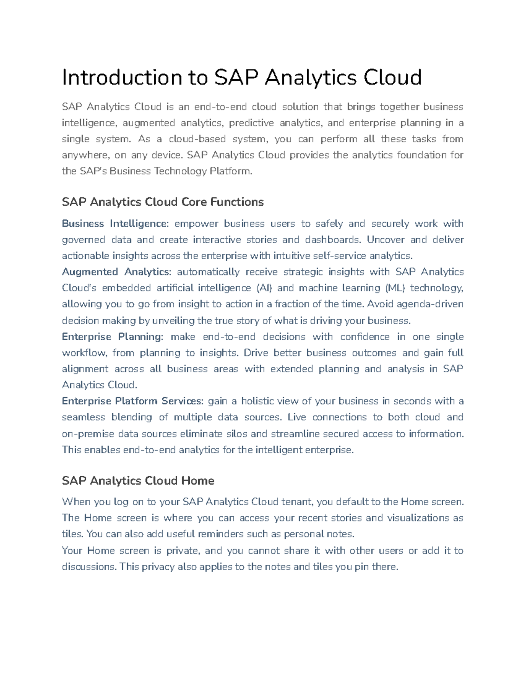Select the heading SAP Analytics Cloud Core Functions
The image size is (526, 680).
[163, 202]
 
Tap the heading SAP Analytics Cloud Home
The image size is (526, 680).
[138, 481]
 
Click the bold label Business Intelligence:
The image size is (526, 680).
[115, 224]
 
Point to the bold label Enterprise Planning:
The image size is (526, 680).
[113, 337]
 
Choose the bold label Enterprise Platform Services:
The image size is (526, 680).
[133, 401]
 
